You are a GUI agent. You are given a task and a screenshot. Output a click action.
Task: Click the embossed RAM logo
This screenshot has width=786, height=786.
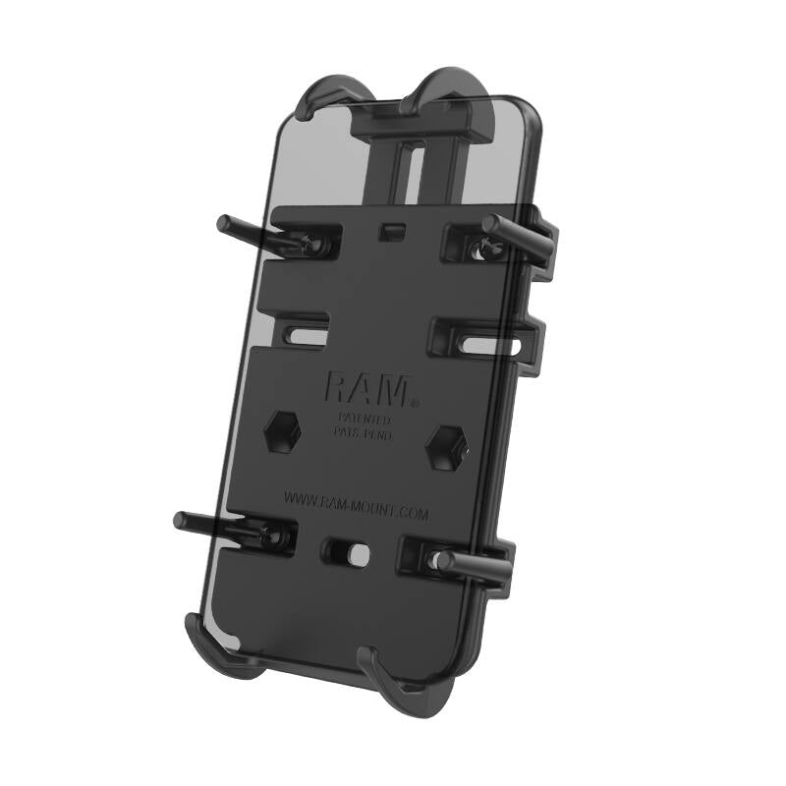click(365, 388)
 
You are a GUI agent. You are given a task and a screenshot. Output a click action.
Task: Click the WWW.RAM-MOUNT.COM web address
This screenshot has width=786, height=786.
click(356, 502)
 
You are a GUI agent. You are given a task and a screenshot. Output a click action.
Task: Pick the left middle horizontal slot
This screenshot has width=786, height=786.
click(305, 331)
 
